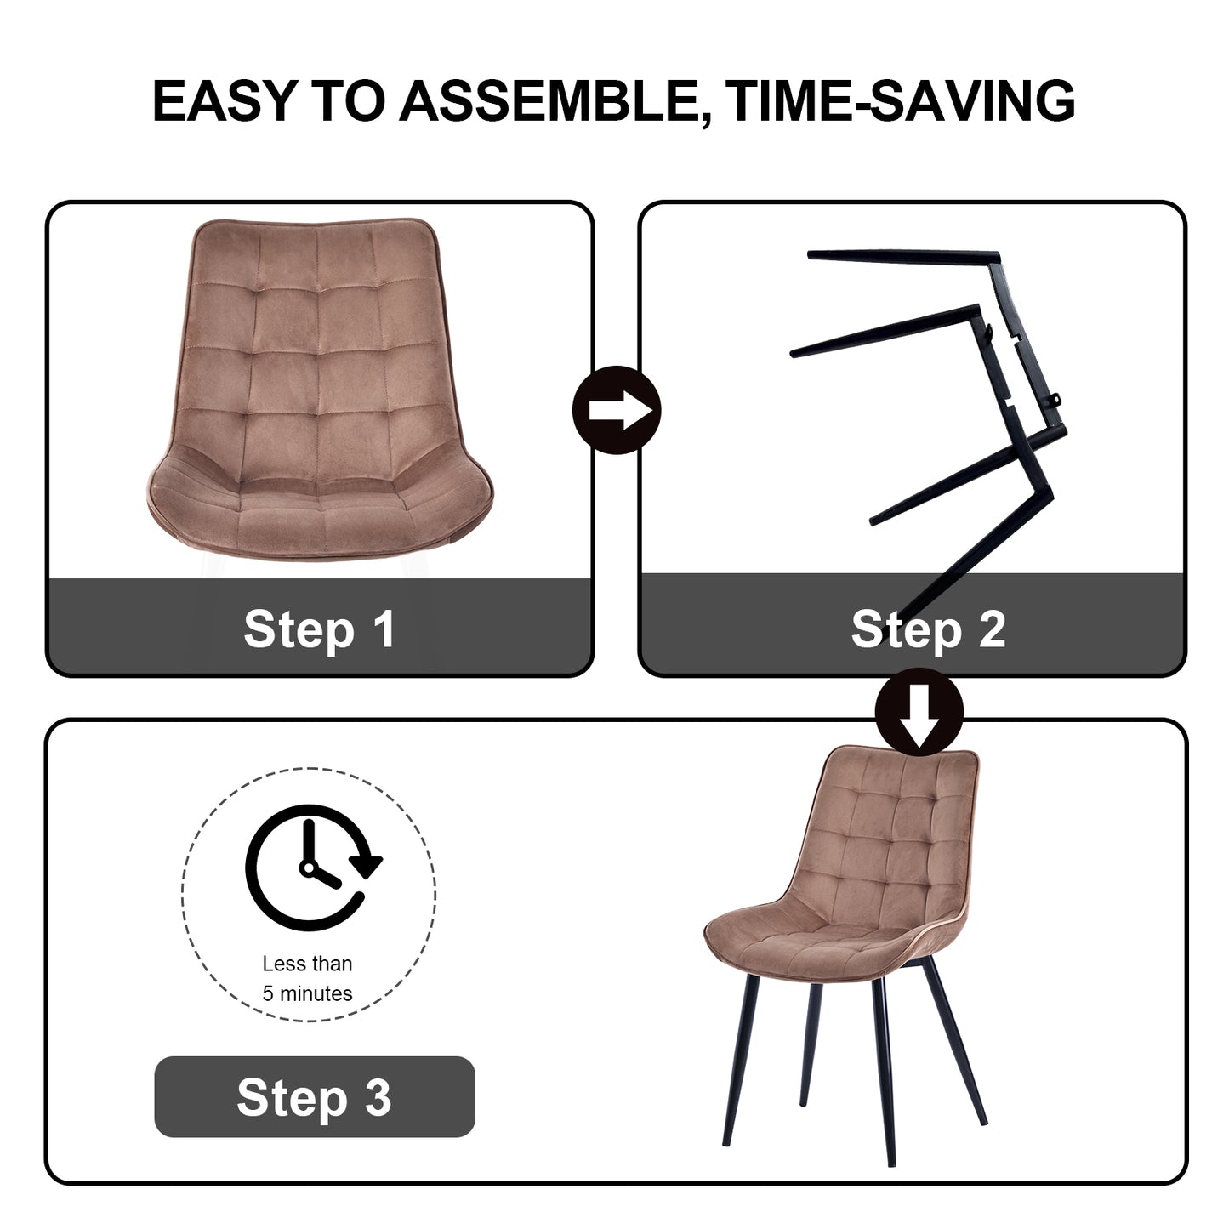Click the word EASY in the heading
pyautogui.click(x=224, y=100)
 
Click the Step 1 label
pyautogui.click(x=320, y=629)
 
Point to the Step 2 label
pyautogui.click(x=928, y=629)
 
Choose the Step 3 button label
pyautogui.click(x=314, y=1097)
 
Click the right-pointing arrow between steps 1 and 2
pyautogui.click(x=617, y=410)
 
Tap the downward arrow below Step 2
pyautogui.click(x=919, y=712)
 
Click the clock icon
pyautogui.click(x=312, y=868)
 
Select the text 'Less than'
pyautogui.click(x=307, y=964)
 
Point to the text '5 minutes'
pyautogui.click(x=307, y=993)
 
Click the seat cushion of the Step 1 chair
pyautogui.click(x=320, y=510)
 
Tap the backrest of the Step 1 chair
pyautogui.click(x=317, y=344)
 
